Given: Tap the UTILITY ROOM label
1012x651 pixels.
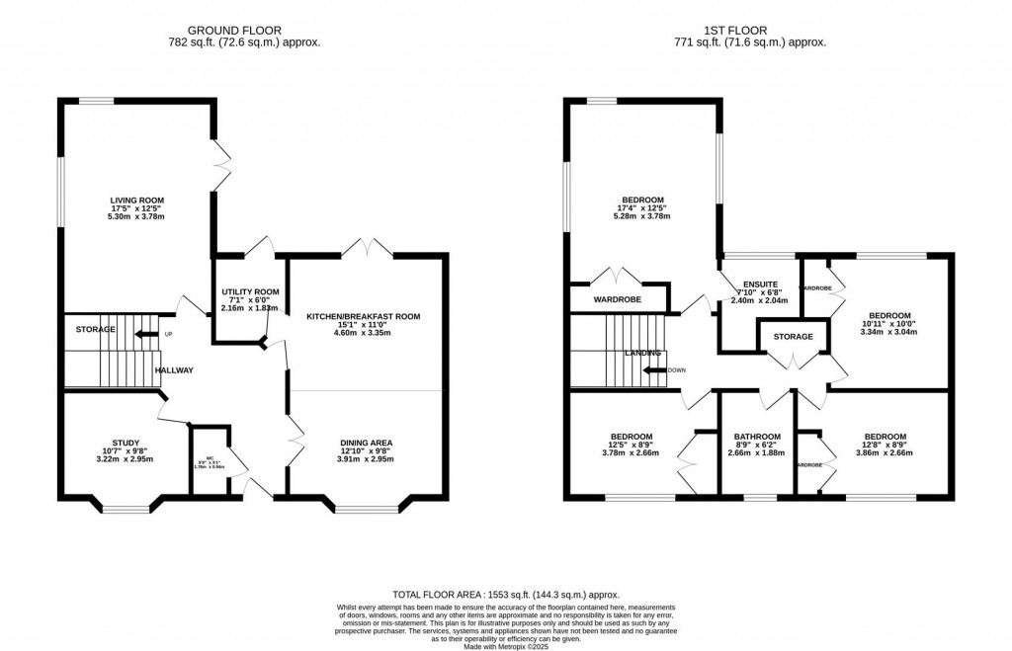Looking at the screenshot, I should click(x=247, y=292).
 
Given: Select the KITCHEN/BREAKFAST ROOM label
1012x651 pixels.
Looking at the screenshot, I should click(x=363, y=317).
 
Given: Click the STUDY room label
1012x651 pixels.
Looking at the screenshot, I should click(x=126, y=443).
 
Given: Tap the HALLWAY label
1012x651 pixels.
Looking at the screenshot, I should click(x=172, y=370).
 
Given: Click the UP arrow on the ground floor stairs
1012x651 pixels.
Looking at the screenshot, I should click(x=146, y=334).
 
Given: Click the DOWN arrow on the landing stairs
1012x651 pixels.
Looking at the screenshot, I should click(x=653, y=370).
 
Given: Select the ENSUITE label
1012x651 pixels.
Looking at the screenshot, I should click(x=761, y=284).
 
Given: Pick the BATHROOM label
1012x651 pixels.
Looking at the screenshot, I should click(x=757, y=437).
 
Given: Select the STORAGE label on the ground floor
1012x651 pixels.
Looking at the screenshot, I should click(x=96, y=329).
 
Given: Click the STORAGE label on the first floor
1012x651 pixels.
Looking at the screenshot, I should click(x=793, y=337).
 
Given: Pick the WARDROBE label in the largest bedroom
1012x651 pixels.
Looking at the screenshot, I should click(x=617, y=299).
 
